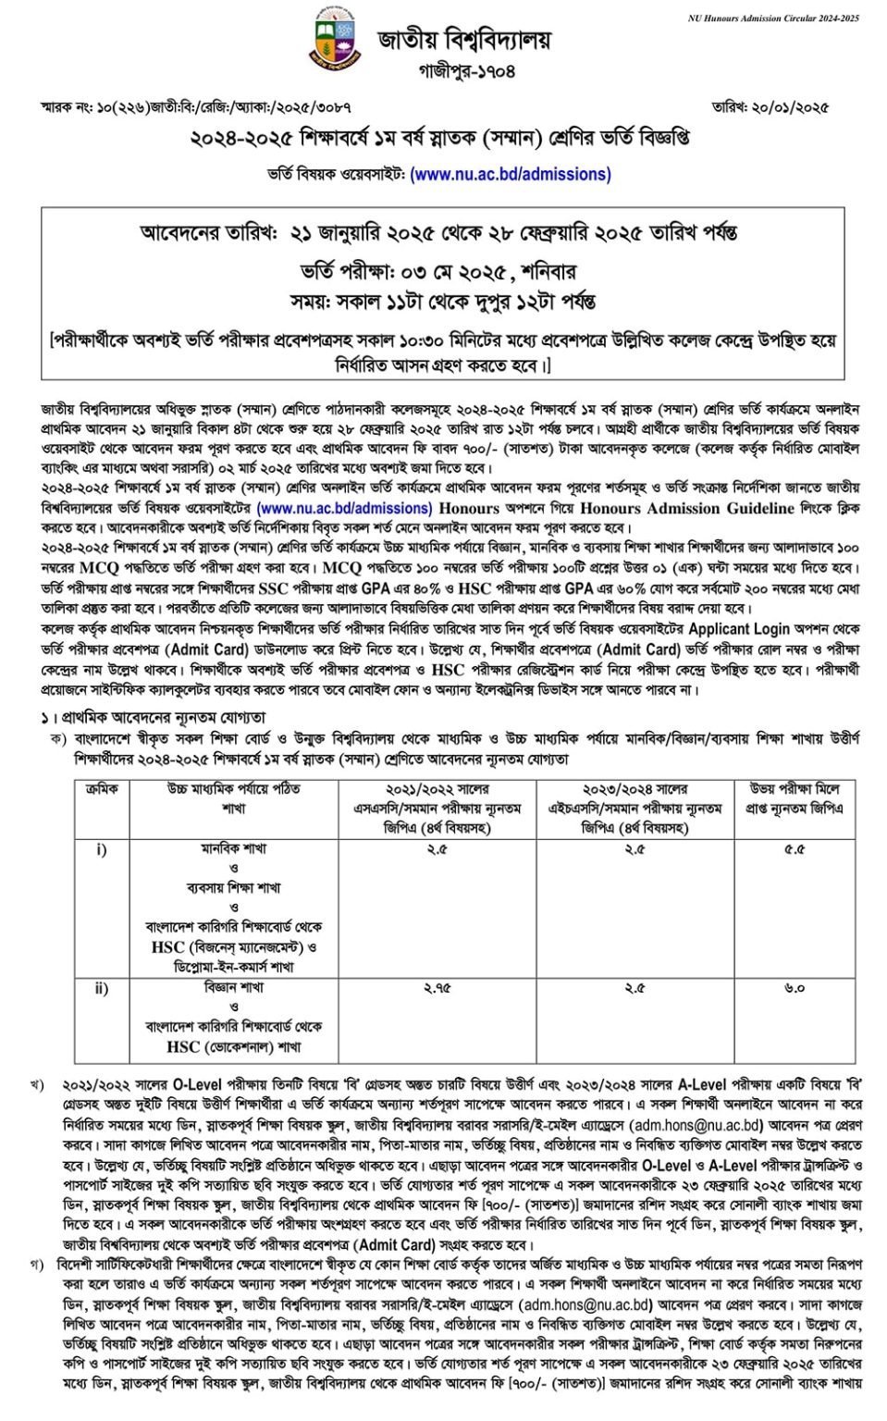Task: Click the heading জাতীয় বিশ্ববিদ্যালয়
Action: click(463, 40)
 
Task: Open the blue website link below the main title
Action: click(510, 174)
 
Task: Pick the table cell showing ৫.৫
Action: click(794, 849)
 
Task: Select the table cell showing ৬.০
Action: click(794, 988)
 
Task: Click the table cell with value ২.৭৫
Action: click(437, 988)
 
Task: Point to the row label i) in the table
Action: click(101, 849)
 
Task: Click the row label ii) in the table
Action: click(101, 988)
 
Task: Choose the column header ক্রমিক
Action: click(101, 789)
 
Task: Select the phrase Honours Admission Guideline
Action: click(687, 508)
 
